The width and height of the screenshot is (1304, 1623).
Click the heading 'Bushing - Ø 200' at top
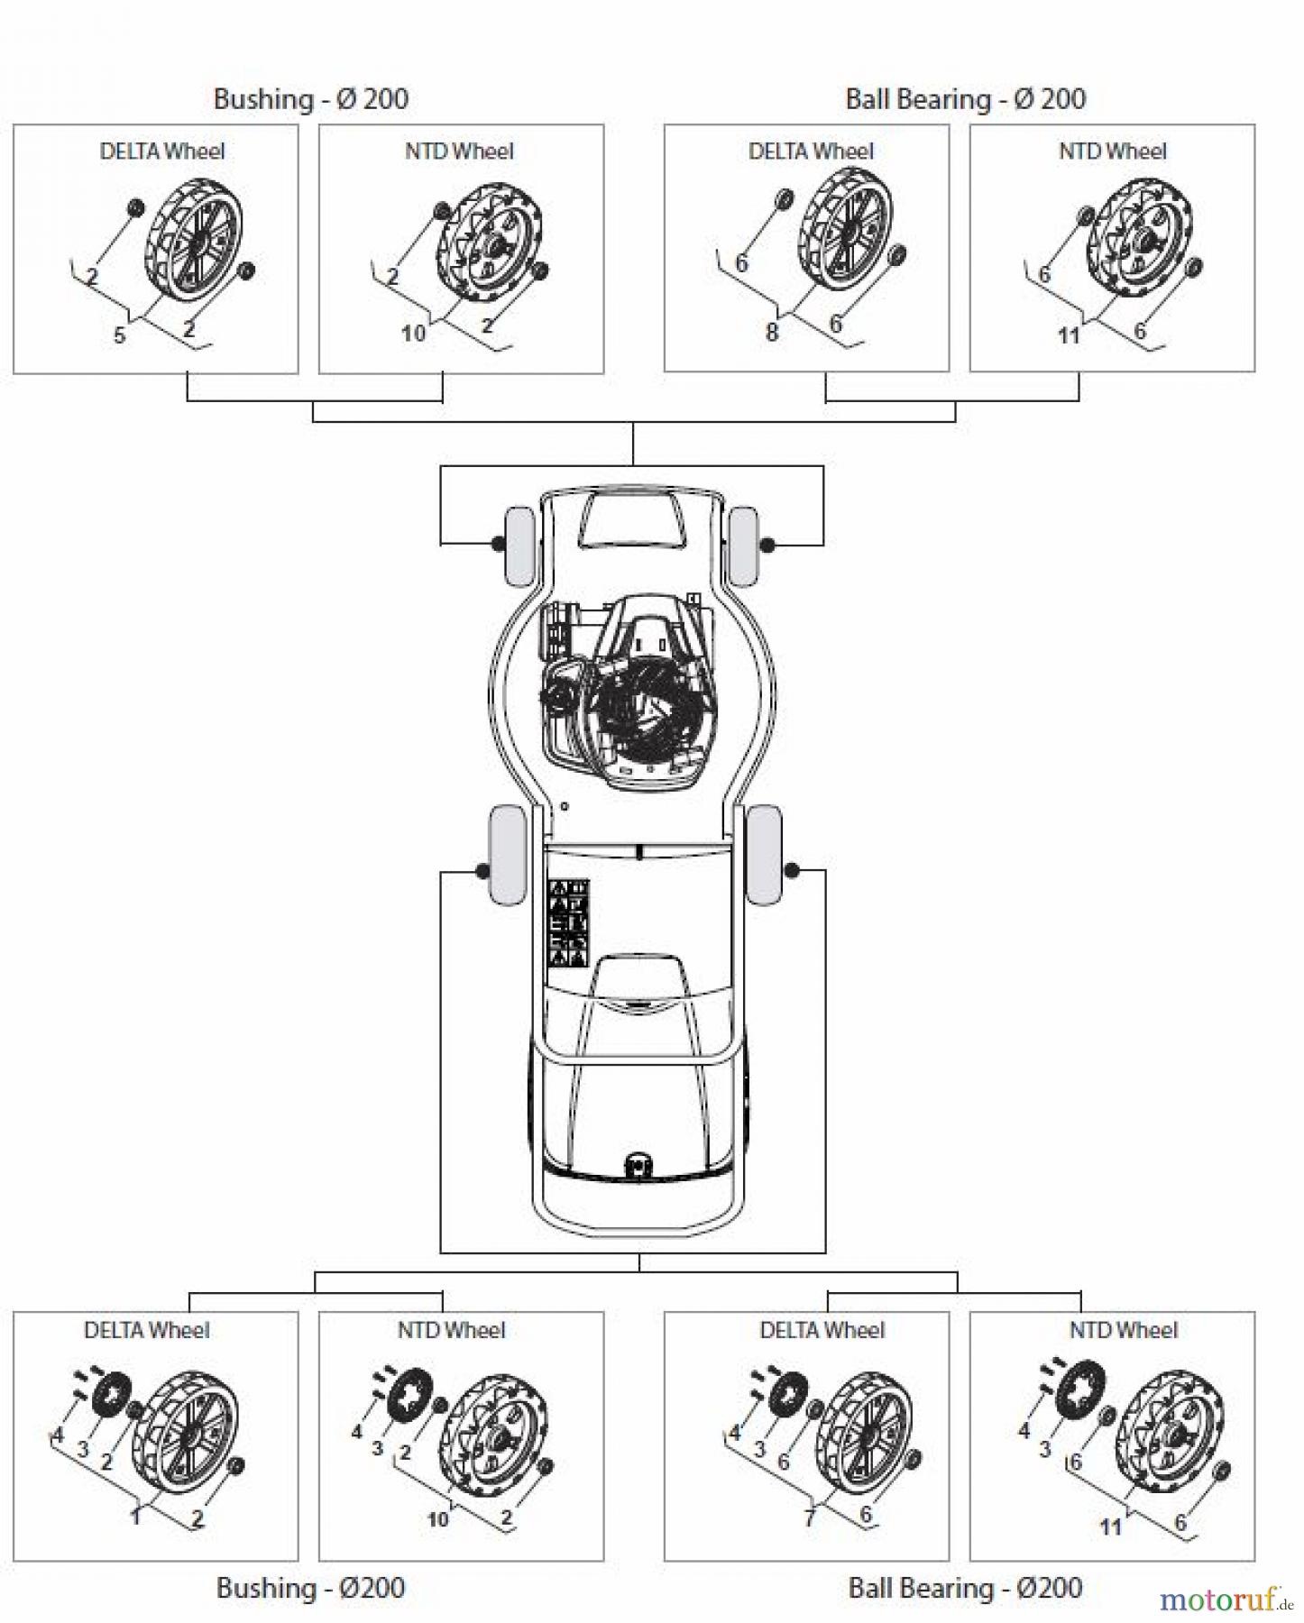pyautogui.click(x=310, y=98)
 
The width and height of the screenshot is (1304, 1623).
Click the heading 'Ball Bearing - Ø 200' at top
pyautogui.click(x=965, y=98)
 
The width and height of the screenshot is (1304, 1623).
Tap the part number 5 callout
pyautogui.click(x=119, y=335)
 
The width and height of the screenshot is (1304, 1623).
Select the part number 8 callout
pyautogui.click(x=771, y=333)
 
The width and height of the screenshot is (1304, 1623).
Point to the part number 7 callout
pyautogui.click(x=809, y=1518)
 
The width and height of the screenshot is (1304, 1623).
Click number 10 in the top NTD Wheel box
pyautogui.click(x=413, y=334)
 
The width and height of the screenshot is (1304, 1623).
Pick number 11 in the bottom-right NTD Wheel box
pyautogui.click(x=1110, y=1527)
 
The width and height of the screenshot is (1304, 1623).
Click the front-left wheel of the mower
pyautogui.click(x=519, y=546)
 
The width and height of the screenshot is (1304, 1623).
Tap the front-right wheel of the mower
pyautogui.click(x=744, y=546)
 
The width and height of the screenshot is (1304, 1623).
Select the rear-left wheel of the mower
pyautogui.click(x=506, y=855)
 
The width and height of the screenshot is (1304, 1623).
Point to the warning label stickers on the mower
pyautogui.click(x=568, y=923)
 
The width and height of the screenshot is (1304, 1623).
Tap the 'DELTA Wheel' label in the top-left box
pyautogui.click(x=162, y=151)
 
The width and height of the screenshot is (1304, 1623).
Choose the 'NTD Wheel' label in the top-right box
pyautogui.click(x=1112, y=151)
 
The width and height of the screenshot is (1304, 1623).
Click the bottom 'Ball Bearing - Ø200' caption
pyautogui.click(x=965, y=1587)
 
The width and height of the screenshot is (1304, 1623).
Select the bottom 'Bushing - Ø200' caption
pyautogui.click(x=310, y=1588)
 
